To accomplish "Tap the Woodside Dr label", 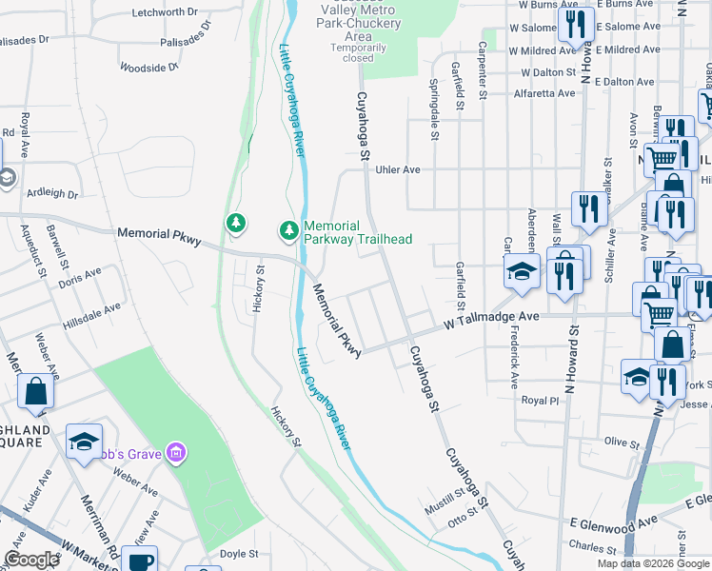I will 149,68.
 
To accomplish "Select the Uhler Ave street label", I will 398,169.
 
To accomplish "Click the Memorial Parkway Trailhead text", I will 358,232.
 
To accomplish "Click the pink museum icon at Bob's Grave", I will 174,450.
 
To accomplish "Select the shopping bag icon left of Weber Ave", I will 35,391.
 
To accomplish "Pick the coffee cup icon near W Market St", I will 140,561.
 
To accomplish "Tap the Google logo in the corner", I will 31,561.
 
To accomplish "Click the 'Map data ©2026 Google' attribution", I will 652,563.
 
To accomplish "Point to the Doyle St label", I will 239,554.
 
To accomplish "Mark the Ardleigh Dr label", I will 53,193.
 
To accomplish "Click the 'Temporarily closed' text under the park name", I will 359,52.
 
